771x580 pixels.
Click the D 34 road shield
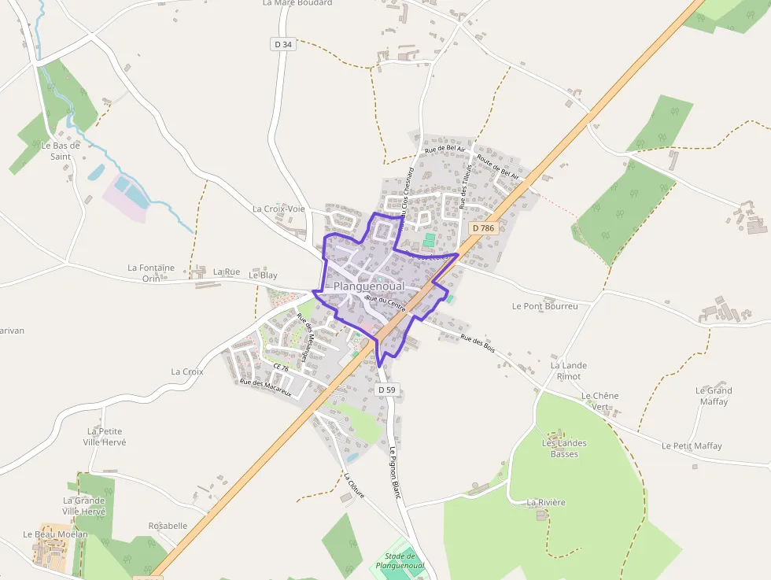point(283,45)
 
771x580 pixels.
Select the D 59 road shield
point(386,390)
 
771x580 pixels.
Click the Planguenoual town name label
point(368,286)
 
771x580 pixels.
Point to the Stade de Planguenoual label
point(400,561)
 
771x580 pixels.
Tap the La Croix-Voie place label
point(279,209)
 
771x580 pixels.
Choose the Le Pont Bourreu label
point(544,306)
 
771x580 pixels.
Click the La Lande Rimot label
point(569,371)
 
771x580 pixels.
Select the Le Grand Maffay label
point(714,396)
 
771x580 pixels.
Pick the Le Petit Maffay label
point(692,446)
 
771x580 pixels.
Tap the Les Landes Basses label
point(565,449)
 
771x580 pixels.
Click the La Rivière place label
point(546,502)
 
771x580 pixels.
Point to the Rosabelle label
point(168,526)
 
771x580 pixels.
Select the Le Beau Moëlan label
point(55,534)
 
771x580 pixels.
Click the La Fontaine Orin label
point(151,273)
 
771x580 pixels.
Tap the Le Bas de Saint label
point(61,151)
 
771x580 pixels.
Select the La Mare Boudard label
point(297,3)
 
